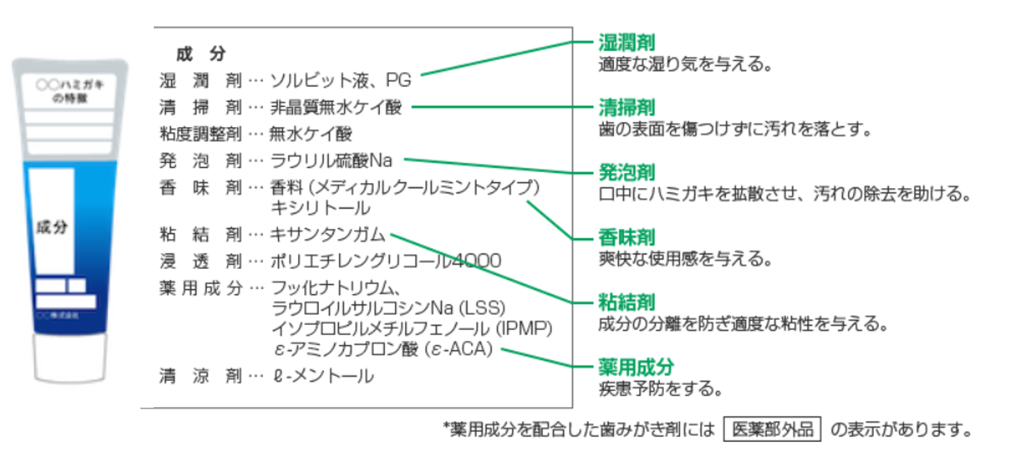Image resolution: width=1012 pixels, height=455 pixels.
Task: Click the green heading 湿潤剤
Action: pyautogui.click(x=626, y=43)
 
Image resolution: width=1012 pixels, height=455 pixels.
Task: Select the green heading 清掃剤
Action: pyautogui.click(x=626, y=107)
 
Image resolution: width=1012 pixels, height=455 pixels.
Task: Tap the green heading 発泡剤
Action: pyautogui.click(x=626, y=172)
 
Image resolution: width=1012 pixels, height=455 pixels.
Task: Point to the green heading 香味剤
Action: pyautogui.click(x=626, y=237)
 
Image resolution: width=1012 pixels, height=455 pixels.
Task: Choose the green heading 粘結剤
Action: pyautogui.click(x=626, y=302)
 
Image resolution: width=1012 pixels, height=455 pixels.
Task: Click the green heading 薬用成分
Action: pyautogui.click(x=636, y=367)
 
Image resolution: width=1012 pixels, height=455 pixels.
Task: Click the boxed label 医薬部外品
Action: pyautogui.click(x=772, y=429)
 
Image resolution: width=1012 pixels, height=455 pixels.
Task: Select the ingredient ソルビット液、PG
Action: pyautogui.click(x=340, y=80)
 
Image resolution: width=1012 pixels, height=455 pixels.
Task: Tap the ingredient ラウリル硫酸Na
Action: pyautogui.click(x=331, y=161)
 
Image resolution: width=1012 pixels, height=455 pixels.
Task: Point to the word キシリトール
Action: pyautogui.click(x=320, y=208)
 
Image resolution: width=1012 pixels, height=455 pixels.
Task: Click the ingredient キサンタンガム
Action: pyautogui.click(x=327, y=235)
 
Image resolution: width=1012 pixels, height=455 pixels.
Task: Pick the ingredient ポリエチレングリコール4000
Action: pyautogui.click(x=385, y=261)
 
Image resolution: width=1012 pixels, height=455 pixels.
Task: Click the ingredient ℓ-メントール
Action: pyautogui.click(x=323, y=376)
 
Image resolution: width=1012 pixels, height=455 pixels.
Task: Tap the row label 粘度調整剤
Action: pyautogui.click(x=200, y=134)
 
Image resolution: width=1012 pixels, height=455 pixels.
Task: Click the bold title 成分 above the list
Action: pyautogui.click(x=201, y=54)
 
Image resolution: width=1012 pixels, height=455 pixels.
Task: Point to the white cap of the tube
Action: pyautogui.click(x=70, y=358)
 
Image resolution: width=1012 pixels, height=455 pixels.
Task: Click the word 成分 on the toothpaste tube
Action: pyautogui.click(x=52, y=227)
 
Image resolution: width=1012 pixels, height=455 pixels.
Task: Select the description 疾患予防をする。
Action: pyautogui.click(x=660, y=389)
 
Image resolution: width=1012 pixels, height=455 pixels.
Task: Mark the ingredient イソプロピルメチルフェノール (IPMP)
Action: pyautogui.click(x=412, y=329)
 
